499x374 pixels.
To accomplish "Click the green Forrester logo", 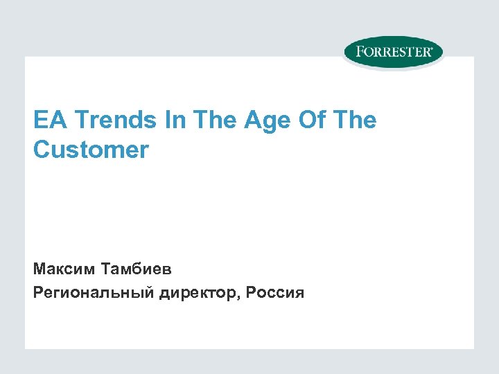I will [x=393, y=53].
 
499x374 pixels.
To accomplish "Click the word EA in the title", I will [x=46, y=121].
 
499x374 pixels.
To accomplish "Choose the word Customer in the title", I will [x=91, y=150].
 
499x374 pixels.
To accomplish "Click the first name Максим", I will [x=64, y=267].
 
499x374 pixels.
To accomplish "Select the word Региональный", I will [x=93, y=293].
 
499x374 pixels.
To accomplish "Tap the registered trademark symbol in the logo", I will [x=432, y=48].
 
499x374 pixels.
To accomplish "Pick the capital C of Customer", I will [x=42, y=150].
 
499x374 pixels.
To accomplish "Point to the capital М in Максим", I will [x=39, y=267].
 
